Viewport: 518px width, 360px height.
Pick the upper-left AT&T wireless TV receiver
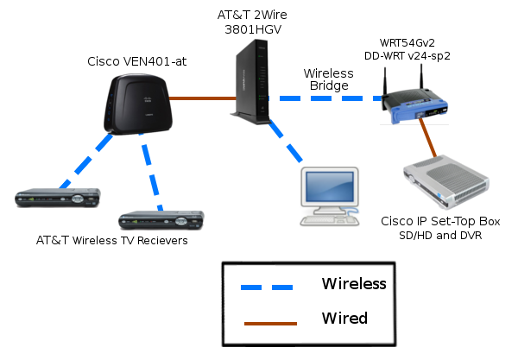[x=57, y=199]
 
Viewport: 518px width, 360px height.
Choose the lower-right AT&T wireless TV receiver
[x=161, y=218]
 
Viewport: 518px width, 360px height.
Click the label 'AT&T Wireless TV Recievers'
[x=112, y=240]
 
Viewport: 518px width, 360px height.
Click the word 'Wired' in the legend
[x=344, y=319]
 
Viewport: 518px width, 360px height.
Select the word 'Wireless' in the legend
[x=353, y=283]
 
